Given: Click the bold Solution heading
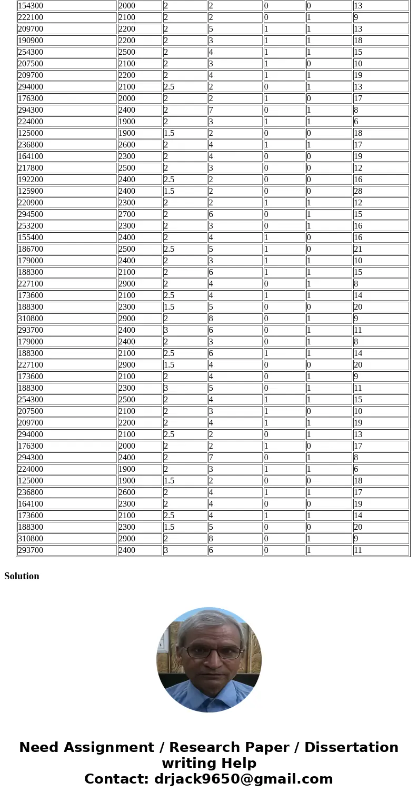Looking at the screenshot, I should coord(22,576).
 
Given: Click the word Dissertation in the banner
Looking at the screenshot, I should coord(351,748).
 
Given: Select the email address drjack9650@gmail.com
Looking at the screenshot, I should coord(243,779).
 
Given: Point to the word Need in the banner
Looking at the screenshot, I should coord(42,748).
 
